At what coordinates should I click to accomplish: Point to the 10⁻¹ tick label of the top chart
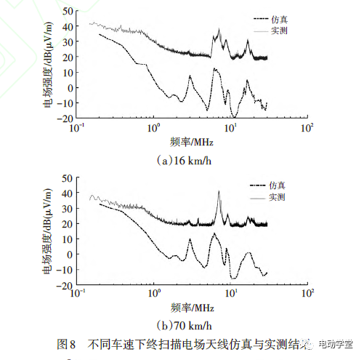click(76, 129)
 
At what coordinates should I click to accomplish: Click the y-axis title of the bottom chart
click(47, 231)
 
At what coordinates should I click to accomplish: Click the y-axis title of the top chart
click(47, 65)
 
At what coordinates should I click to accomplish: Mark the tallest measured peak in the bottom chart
click(219, 192)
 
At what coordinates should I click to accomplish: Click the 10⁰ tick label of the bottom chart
click(153, 295)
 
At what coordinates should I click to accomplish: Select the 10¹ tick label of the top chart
click(231, 129)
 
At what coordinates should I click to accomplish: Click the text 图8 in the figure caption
click(66, 343)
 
